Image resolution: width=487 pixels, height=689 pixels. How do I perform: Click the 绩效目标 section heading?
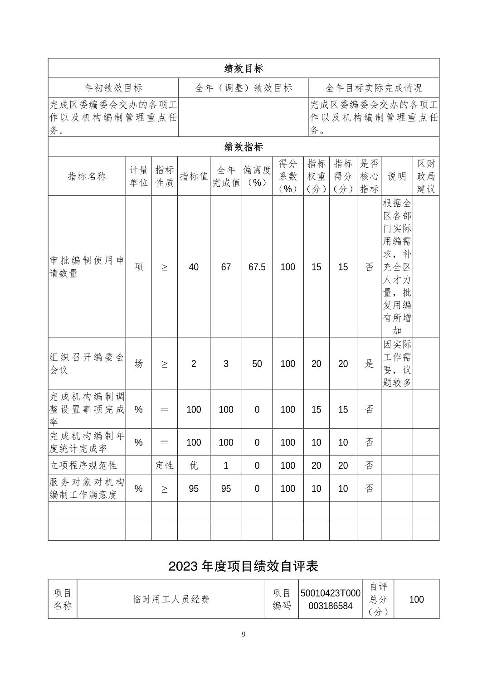[243, 68]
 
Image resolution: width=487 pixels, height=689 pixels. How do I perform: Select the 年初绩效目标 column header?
[113, 88]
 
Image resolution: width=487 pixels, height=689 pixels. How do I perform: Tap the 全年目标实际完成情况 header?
[374, 88]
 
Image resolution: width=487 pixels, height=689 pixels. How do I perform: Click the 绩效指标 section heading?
[243, 147]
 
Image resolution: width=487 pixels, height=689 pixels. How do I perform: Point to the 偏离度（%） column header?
[257, 176]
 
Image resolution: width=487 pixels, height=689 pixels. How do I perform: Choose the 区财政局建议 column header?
[426, 176]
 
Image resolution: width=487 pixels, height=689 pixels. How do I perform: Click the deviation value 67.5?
[257, 267]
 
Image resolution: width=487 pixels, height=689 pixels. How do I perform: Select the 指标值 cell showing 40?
[194, 267]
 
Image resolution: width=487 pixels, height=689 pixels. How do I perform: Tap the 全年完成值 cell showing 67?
[226, 267]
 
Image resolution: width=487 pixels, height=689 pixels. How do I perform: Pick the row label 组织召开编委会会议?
[87, 364]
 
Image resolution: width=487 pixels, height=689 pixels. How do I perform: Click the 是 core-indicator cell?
[369, 364]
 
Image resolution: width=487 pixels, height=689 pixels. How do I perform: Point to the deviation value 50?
[257, 364]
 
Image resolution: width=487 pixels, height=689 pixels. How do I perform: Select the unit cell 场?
[138, 364]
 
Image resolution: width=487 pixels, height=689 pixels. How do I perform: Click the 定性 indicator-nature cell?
[164, 466]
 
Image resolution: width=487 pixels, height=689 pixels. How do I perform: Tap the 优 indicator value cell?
[194, 466]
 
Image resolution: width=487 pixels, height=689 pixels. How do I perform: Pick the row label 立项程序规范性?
[83, 466]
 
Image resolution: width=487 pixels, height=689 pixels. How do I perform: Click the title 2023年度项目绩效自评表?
[243, 566]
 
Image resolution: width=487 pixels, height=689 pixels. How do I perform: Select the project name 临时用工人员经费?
[171, 599]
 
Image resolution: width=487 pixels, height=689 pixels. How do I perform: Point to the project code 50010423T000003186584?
[330, 599]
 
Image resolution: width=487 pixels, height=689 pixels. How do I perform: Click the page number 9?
[243, 634]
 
